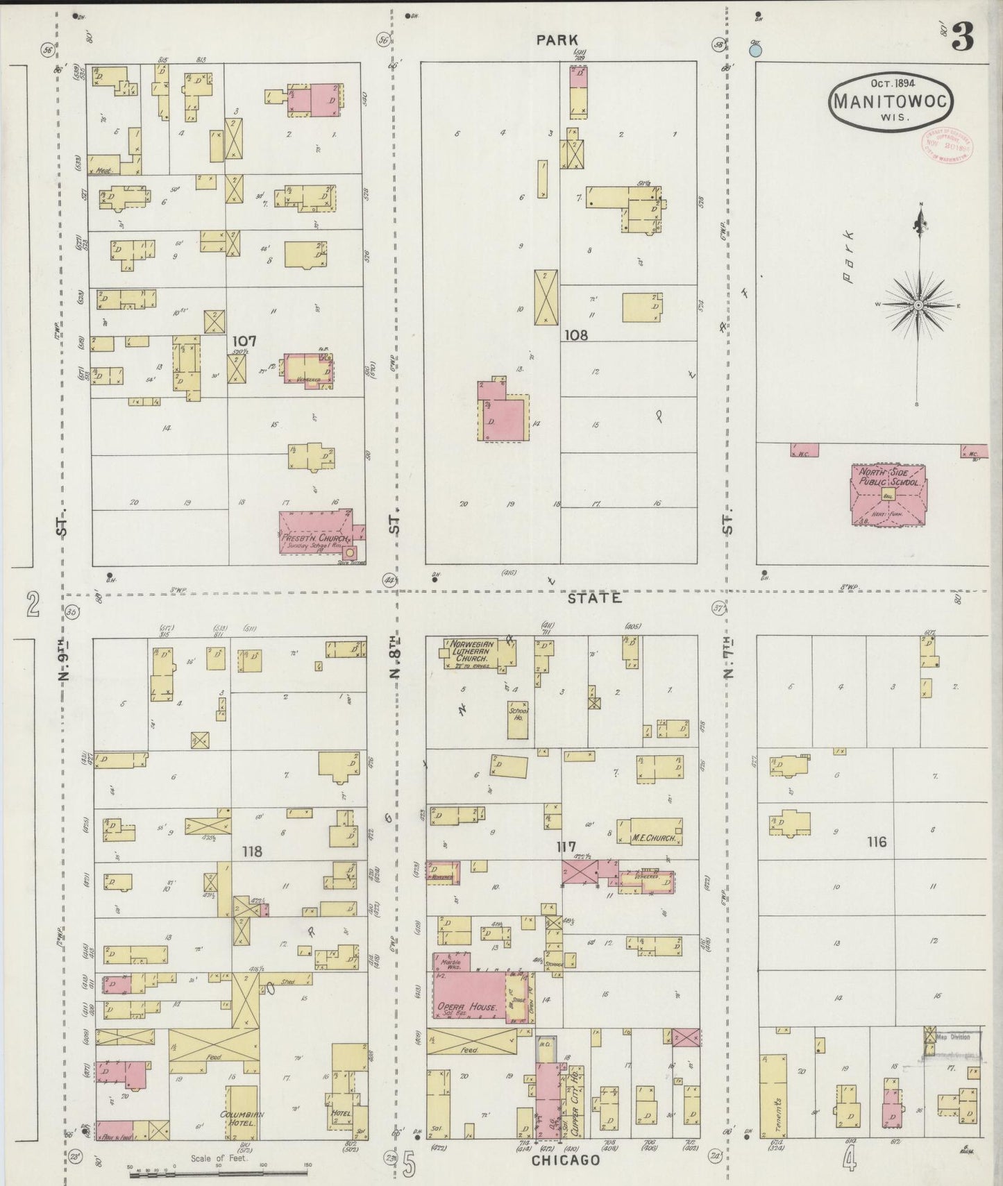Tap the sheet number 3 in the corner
click(962, 35)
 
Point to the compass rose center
click(918, 305)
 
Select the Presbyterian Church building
click(319, 532)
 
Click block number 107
click(244, 341)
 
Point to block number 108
click(575, 335)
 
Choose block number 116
click(877, 842)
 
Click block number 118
click(251, 851)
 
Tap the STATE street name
click(594, 598)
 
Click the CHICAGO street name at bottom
click(566, 1160)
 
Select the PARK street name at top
click(557, 40)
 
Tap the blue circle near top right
click(756, 50)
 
